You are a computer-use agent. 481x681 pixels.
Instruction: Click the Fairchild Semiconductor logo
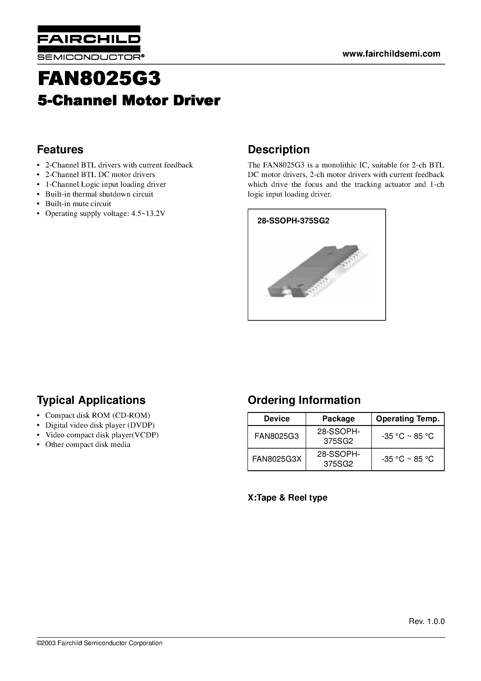(89, 43)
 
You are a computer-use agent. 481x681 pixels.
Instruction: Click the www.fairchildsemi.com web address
(391, 54)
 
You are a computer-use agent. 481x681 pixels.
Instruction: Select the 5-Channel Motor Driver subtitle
(129, 101)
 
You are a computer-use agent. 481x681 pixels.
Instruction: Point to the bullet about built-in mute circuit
(78, 204)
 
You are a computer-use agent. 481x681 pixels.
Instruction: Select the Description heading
(278, 150)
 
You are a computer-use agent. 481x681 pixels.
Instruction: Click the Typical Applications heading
(91, 400)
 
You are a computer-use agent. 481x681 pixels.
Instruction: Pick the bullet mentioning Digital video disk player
(100, 425)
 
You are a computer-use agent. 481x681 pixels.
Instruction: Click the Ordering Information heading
(304, 400)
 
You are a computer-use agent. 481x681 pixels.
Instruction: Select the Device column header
(276, 419)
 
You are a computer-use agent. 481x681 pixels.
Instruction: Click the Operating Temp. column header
(407, 419)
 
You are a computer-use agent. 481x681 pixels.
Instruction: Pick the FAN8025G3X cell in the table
(276, 459)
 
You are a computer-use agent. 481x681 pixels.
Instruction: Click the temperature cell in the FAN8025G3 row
(407, 436)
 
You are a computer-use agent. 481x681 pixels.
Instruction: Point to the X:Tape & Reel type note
(287, 497)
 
